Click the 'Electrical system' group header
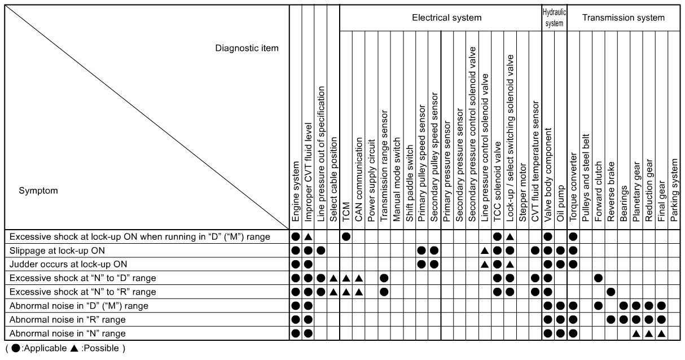click(x=446, y=17)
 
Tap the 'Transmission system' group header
click(x=623, y=17)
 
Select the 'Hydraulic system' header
click(x=554, y=17)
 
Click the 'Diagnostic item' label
click(x=247, y=48)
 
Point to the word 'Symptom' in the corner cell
click(x=38, y=191)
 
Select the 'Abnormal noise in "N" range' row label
click(x=68, y=333)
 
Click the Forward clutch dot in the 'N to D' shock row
click(x=598, y=278)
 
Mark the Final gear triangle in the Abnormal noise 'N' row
click(x=661, y=333)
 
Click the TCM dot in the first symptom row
click(x=346, y=236)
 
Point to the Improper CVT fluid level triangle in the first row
click(x=308, y=236)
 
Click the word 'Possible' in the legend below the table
click(x=103, y=348)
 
